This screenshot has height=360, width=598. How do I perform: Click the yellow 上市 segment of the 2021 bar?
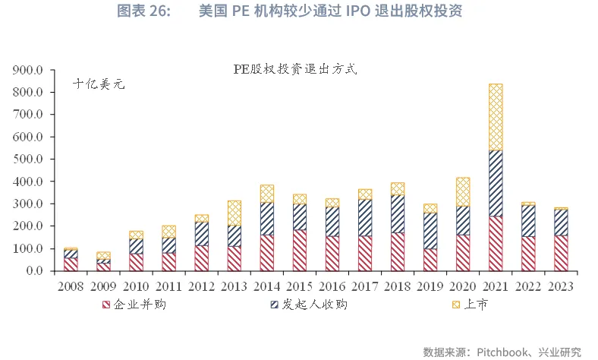tap(496, 117)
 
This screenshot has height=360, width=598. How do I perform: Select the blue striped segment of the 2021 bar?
tap(496, 183)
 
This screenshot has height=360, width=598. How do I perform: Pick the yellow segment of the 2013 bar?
tap(234, 213)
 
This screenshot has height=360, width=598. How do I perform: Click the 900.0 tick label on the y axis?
tap(30, 70)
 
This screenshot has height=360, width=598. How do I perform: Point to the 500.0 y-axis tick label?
tap(30, 159)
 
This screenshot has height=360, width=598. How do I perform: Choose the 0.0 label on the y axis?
tap(36, 270)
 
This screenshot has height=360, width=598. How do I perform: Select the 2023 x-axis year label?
tap(560, 287)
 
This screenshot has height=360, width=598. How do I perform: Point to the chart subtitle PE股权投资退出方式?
tap(294, 68)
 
